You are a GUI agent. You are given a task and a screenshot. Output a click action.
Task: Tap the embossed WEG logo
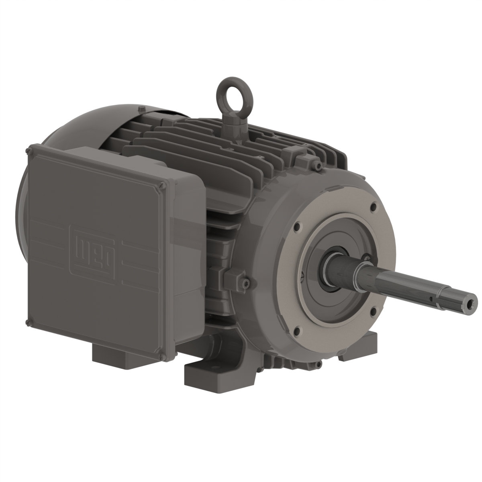point(94,249)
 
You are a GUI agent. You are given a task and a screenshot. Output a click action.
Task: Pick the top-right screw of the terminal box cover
point(161,185)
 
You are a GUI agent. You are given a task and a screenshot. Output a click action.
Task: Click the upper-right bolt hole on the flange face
point(374,209)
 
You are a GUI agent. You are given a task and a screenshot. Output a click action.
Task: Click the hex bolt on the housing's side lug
point(245,284)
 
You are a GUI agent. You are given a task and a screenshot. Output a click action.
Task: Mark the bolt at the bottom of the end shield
point(318,364)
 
